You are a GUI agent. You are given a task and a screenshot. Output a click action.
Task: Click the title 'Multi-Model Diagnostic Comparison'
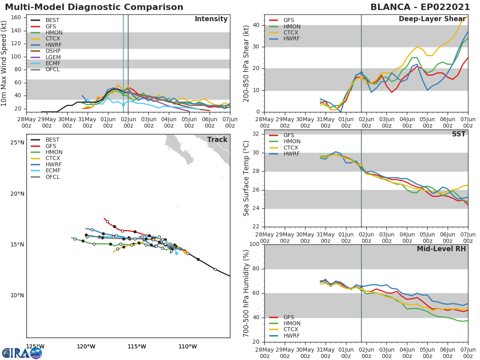coord(94,7)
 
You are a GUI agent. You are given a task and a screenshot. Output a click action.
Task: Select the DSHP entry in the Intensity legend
coord(53,51)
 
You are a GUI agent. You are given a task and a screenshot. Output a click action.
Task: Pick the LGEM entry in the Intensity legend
coord(53,57)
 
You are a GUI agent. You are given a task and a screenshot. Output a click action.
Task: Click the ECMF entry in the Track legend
coord(53,170)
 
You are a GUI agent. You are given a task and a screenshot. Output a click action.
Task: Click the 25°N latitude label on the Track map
coord(17,142)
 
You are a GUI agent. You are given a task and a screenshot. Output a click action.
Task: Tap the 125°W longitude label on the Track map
coord(35,346)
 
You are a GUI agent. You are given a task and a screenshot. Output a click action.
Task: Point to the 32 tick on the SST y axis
coord(256,134)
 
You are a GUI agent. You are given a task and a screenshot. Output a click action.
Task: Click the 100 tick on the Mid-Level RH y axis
coord(254,244)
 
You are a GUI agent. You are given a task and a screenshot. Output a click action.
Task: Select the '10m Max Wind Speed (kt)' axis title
coord(4,63)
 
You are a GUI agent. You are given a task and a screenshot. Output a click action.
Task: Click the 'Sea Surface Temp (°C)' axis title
coord(246,178)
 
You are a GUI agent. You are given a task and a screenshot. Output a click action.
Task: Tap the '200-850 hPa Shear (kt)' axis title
coord(246,63)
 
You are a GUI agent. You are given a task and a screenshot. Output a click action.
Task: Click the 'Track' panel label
coord(217,140)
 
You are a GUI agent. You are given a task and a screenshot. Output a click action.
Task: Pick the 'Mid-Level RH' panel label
coord(441,249)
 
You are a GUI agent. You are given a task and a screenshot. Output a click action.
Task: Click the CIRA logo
coord(22,353)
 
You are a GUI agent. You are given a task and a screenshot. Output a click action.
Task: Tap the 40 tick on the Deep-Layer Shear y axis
coord(256,25)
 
